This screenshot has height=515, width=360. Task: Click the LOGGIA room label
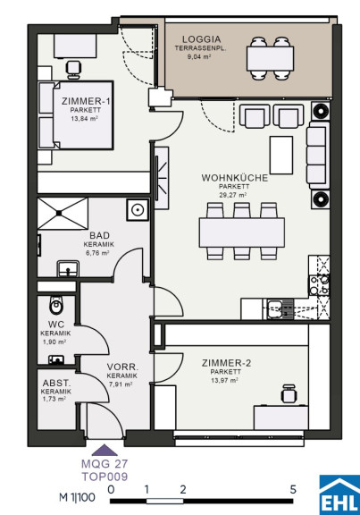(x=201, y=39)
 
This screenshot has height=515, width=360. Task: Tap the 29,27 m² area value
(x=232, y=195)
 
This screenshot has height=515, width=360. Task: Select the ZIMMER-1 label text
(x=86, y=101)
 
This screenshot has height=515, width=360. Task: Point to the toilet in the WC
(x=55, y=306)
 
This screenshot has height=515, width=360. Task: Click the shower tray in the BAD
(x=63, y=213)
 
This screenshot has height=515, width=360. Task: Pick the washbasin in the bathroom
(x=68, y=269)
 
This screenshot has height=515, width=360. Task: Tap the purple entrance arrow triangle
(x=105, y=451)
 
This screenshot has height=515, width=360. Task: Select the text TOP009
(x=105, y=477)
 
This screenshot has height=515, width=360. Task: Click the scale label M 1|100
(x=77, y=497)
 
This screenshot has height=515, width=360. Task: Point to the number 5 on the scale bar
(x=293, y=490)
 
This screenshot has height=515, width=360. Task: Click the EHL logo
(x=339, y=494)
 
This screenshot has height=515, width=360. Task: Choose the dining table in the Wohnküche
(x=242, y=232)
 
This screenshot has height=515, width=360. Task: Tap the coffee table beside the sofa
(x=281, y=155)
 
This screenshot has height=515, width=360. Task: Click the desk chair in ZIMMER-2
(x=289, y=393)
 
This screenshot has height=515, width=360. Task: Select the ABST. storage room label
(x=56, y=384)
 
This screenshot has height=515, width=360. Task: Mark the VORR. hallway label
(x=122, y=367)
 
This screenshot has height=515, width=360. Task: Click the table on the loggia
(x=270, y=58)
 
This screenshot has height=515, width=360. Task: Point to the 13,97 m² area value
(x=224, y=381)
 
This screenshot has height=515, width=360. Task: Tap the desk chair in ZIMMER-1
(x=73, y=70)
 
